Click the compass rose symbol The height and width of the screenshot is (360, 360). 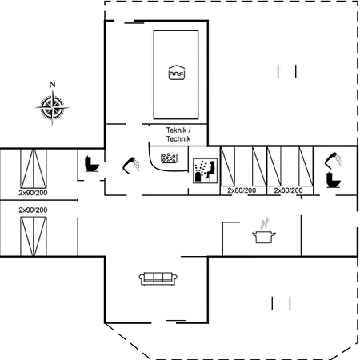point(53,107)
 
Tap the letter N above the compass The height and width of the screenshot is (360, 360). point(53,85)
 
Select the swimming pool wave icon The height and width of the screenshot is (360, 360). point(177,73)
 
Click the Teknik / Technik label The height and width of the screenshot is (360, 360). point(178,134)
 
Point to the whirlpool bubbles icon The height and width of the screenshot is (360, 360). point(169,158)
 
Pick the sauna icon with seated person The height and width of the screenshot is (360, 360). point(205,170)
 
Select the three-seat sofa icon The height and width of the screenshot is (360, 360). point(158,278)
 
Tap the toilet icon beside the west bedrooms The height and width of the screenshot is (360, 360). point(92,164)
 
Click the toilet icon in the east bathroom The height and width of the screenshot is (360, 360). point(334,180)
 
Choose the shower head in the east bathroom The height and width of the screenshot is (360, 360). point(333,160)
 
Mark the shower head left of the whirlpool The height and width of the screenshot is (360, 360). point(131,166)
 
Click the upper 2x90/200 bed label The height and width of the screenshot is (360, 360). point(33,193)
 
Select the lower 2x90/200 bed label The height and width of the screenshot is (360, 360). point(33,210)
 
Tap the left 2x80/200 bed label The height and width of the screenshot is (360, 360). point(242,190)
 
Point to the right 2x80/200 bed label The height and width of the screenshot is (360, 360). point(288,190)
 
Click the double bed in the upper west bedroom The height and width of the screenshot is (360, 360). point(34,169)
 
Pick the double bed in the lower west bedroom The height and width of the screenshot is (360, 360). point(34,236)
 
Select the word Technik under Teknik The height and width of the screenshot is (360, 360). point(178,138)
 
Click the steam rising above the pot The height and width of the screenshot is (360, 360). point(264,223)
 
